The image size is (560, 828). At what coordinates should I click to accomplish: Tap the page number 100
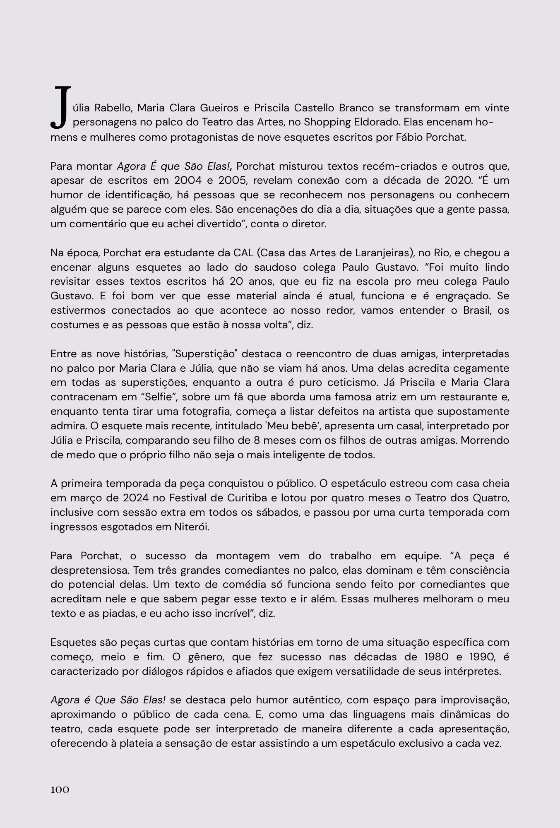point(60,790)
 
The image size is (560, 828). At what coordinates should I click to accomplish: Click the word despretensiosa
point(89,570)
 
